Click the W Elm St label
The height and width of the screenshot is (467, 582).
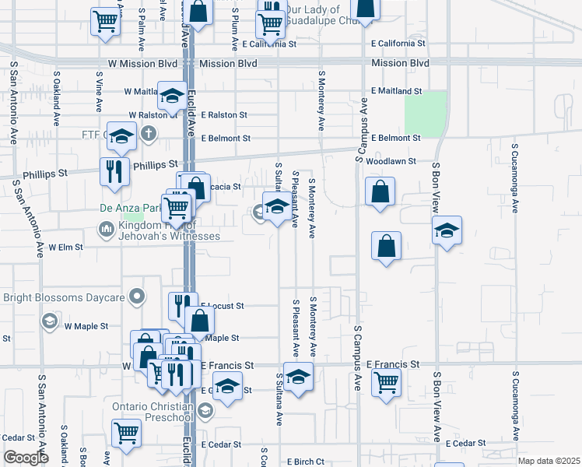point(65,247)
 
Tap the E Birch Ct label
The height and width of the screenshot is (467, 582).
point(305,462)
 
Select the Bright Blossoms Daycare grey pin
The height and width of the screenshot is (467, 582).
point(138,297)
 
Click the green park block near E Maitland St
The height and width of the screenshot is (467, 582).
point(426,113)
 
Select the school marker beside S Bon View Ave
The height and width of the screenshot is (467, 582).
point(447,230)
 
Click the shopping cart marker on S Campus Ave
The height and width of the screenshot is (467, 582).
point(386,382)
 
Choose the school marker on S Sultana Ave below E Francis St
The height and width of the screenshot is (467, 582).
point(297,377)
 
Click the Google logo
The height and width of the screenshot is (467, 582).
point(26,458)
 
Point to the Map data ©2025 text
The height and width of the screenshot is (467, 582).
point(549,461)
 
